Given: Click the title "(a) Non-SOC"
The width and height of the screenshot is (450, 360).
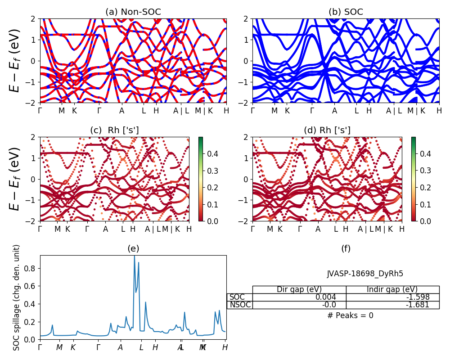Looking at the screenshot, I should [133, 12].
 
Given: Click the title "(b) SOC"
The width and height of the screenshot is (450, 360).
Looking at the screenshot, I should [346, 12].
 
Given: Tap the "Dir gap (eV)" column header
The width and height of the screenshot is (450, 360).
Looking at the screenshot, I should [299, 289].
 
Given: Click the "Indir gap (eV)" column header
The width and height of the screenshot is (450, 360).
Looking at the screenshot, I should [392, 289].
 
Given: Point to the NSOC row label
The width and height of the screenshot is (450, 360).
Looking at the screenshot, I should [239, 305].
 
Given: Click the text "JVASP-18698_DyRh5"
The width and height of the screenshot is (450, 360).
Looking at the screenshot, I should [365, 274].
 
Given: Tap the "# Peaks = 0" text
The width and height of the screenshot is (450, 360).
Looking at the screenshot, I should [351, 315].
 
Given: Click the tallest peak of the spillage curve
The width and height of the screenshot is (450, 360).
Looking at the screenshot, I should [134, 256].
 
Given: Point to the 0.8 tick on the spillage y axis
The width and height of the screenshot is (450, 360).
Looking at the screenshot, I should [32, 269].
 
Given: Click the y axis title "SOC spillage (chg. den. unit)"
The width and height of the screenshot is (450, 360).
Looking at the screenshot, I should [17, 297].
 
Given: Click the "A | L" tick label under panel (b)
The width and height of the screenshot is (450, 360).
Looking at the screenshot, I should [395, 111].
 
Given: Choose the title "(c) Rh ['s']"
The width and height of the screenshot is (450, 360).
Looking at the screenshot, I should [114, 130].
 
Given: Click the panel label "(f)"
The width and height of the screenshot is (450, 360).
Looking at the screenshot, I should [346, 248].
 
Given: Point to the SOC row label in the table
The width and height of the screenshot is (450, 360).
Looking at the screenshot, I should [237, 297].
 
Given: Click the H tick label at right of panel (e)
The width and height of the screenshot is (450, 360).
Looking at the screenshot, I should [225, 347].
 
